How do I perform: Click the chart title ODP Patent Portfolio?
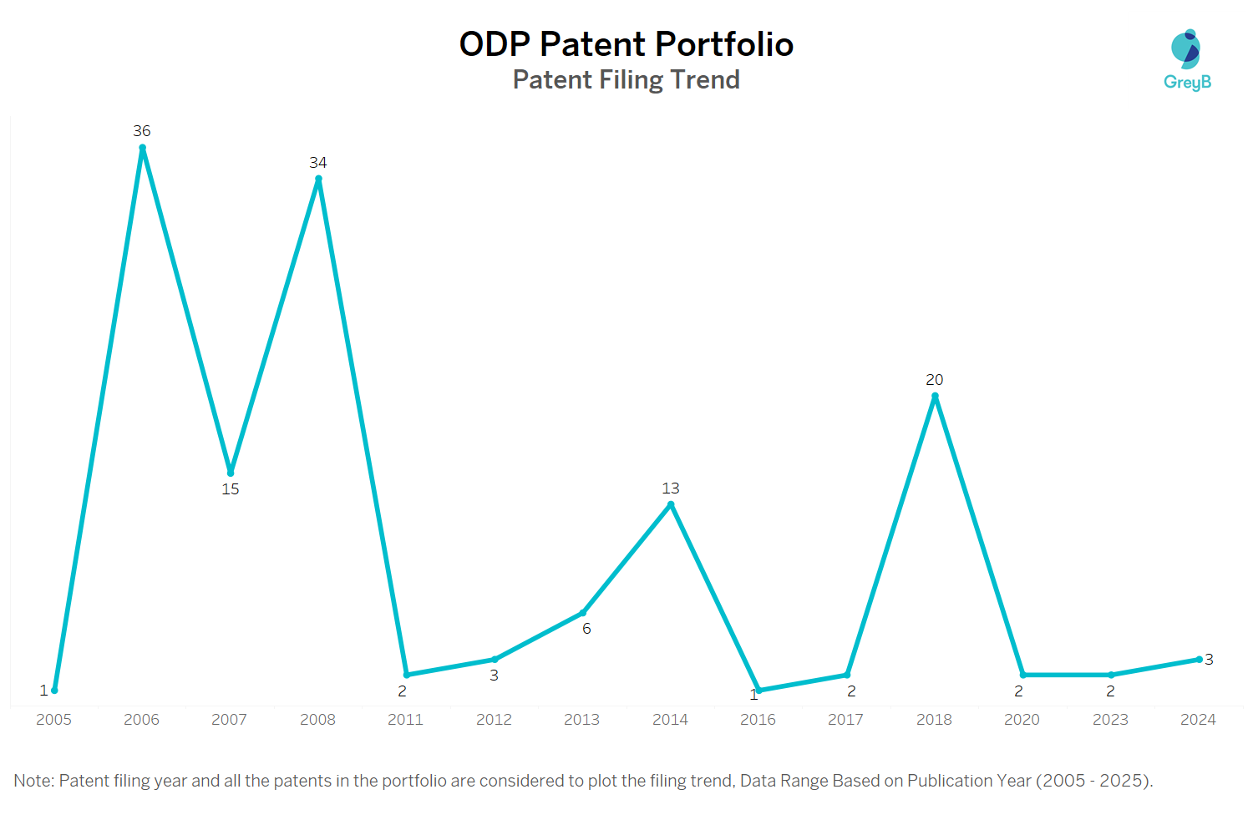[x=626, y=44]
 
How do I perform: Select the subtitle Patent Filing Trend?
[x=626, y=80]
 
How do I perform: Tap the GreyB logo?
[x=1187, y=59]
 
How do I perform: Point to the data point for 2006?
[x=142, y=148]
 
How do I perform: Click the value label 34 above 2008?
[x=317, y=163]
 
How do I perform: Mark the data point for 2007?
[x=231, y=473]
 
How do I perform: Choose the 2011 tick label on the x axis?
[x=405, y=720]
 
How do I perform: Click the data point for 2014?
[x=671, y=504]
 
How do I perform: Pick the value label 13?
[x=671, y=488]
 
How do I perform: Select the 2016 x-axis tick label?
[x=758, y=720]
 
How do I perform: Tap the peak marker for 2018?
[x=935, y=396]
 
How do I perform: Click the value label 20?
[x=934, y=380]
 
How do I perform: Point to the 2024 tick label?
[x=1198, y=720]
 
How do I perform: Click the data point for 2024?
[x=1200, y=660]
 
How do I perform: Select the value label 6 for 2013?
[x=586, y=629]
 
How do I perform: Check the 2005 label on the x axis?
[x=53, y=720]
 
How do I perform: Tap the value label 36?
[x=142, y=131]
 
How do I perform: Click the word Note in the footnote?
[x=32, y=781]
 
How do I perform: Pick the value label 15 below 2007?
[x=231, y=489]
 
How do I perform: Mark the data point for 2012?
[x=495, y=660]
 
